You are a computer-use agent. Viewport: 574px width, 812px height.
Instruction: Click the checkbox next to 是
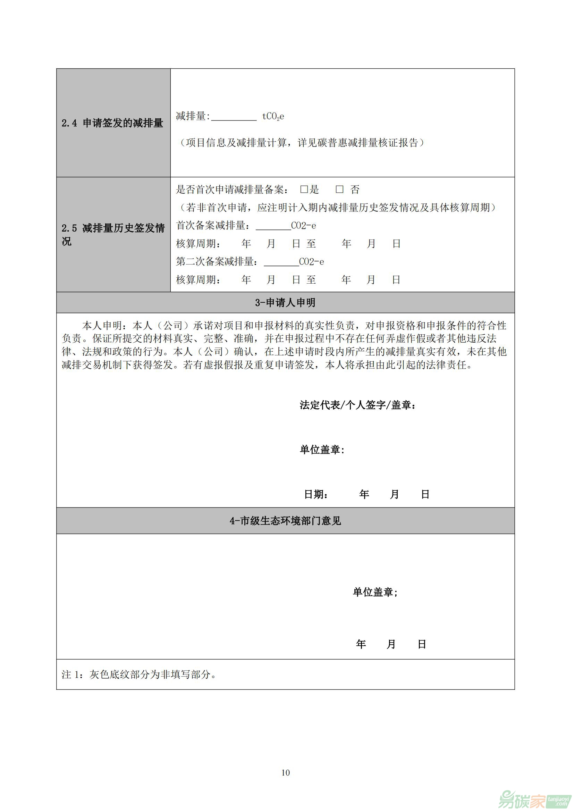pyautogui.click(x=304, y=190)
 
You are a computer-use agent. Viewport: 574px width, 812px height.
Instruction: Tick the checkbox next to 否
pyautogui.click(x=339, y=190)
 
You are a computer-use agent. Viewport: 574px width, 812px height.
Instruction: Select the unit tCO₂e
pyautogui.click(x=273, y=116)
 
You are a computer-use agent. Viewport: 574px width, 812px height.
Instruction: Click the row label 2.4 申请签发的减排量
pyautogui.click(x=112, y=123)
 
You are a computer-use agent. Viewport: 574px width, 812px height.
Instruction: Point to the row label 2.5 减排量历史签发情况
pyautogui.click(x=113, y=234)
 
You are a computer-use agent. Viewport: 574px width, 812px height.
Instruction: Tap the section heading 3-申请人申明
pyautogui.click(x=285, y=303)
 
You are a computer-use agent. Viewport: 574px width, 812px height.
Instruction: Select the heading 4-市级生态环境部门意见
pyautogui.click(x=285, y=521)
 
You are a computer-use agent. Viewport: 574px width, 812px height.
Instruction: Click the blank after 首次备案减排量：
pyautogui.click(x=273, y=226)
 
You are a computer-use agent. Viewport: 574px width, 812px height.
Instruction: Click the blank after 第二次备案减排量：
pyautogui.click(x=281, y=262)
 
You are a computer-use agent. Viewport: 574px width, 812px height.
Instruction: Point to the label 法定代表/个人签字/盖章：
pyautogui.click(x=358, y=405)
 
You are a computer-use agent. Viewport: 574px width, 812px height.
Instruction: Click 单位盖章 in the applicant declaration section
pyautogui.click(x=322, y=450)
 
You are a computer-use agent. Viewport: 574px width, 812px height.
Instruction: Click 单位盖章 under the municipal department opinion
pyautogui.click(x=375, y=592)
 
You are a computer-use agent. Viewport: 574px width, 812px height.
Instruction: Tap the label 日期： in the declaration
pyautogui.click(x=316, y=494)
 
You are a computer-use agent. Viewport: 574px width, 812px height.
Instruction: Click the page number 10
pyautogui.click(x=286, y=772)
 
